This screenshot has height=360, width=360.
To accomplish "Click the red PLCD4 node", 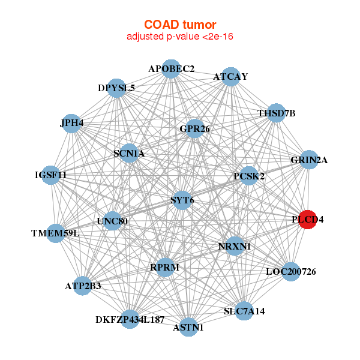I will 308,219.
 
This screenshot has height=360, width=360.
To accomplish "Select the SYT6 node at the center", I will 182,200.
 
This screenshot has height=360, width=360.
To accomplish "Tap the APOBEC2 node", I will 172,68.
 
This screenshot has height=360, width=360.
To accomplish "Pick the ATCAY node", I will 231,76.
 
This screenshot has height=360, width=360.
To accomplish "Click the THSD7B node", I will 275,113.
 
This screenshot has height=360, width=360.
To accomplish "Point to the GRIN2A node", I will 308,160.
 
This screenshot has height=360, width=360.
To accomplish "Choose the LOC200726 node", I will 290,272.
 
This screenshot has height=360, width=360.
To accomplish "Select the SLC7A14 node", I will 244,311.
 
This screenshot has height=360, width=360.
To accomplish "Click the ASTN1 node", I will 188,327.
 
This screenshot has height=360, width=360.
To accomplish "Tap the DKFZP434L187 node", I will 130,319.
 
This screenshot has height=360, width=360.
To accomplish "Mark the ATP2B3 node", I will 83,286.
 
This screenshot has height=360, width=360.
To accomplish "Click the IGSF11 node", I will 51,175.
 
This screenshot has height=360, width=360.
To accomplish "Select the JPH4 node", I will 72,124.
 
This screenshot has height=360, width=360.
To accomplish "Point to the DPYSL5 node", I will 116,88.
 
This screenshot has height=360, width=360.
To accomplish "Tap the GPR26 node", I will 194,128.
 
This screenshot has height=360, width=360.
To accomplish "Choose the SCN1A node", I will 129,153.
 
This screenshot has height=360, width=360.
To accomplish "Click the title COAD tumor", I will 179,25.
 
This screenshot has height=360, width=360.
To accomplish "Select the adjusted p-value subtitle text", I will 179,37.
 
